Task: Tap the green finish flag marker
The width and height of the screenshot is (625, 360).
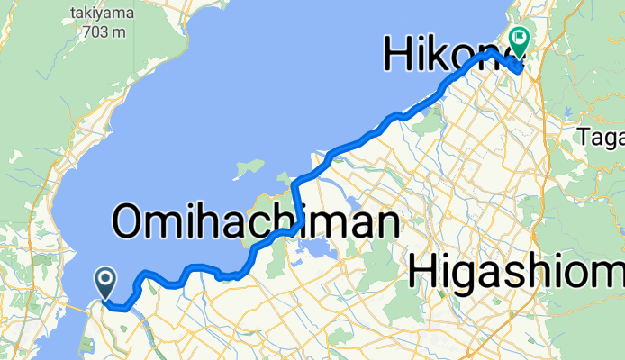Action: click(x=519, y=39)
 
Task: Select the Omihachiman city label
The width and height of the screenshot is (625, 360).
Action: click(x=256, y=220)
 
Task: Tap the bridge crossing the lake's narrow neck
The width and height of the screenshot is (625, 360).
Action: click(x=73, y=311)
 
